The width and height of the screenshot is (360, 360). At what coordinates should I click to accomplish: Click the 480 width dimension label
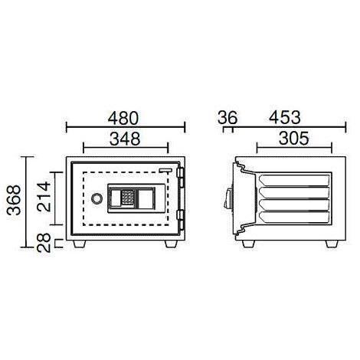(123, 118)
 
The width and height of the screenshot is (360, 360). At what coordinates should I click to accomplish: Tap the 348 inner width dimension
(125, 139)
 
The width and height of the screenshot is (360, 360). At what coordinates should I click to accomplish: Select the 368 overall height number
(14, 200)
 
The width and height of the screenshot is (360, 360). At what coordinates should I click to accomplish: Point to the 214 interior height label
(44, 196)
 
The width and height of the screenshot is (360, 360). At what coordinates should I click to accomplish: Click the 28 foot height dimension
(44, 243)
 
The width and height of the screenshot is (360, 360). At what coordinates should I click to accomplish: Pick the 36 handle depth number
(227, 118)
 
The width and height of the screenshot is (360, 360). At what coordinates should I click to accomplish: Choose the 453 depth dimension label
(285, 118)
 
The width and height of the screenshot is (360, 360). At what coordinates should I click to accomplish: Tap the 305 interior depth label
(294, 139)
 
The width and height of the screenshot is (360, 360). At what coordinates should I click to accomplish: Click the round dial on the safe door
(97, 198)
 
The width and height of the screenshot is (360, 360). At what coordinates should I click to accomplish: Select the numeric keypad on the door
(127, 198)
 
